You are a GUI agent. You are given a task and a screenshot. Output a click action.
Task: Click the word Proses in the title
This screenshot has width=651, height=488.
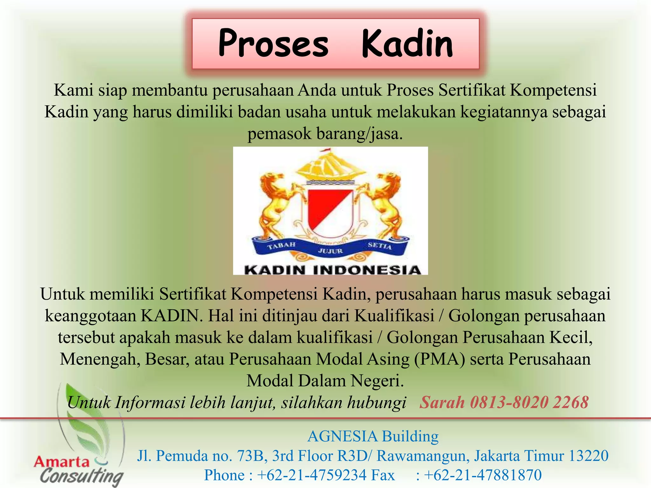coord(273,44)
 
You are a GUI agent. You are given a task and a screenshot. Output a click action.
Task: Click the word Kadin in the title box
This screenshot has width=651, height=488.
coord(407,44)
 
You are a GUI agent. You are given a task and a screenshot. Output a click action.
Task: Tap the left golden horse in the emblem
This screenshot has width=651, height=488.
coord(275,207)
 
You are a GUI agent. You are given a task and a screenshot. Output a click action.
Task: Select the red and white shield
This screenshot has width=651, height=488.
coord(331,210)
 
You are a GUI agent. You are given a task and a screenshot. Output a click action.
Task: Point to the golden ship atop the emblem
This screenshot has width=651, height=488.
coord(331,165)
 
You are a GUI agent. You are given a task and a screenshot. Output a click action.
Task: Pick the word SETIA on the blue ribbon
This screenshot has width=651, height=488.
coord(380,246)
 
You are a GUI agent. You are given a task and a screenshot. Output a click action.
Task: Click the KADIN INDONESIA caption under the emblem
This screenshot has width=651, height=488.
coord(332,270)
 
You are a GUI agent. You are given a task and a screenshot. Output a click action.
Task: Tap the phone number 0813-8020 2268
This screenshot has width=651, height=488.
coord(529,403)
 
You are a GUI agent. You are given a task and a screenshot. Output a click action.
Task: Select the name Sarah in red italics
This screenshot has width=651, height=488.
coord(442,403)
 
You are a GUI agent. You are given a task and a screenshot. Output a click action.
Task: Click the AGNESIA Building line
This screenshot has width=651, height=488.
coord(373,436)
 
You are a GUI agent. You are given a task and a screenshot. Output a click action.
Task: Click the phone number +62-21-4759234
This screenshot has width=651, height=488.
coord(312,475)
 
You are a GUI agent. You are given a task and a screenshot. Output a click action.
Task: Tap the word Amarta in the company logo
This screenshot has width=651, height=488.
coord(62,462)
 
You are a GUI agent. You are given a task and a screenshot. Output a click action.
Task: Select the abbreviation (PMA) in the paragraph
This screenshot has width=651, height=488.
coord(440,359)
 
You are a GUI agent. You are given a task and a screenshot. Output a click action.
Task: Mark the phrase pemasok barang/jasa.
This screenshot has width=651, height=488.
coord(325,133)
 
